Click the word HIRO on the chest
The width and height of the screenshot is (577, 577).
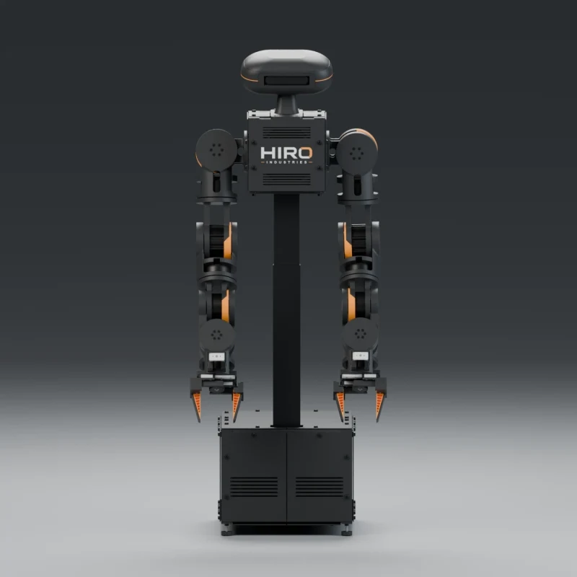pos(286,153)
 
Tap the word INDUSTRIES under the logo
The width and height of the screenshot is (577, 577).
pos(286,162)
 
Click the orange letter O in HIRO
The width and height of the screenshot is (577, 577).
pos(306,153)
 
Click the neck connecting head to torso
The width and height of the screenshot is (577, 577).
pos(286,104)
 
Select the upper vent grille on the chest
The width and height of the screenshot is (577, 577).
pos(286,132)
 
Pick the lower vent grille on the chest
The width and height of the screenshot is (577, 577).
pos(286,179)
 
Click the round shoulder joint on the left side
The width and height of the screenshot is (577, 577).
pos(216,150)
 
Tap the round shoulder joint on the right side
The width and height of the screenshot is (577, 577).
pos(356,152)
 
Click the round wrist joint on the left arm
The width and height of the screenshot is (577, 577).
pos(217,335)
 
